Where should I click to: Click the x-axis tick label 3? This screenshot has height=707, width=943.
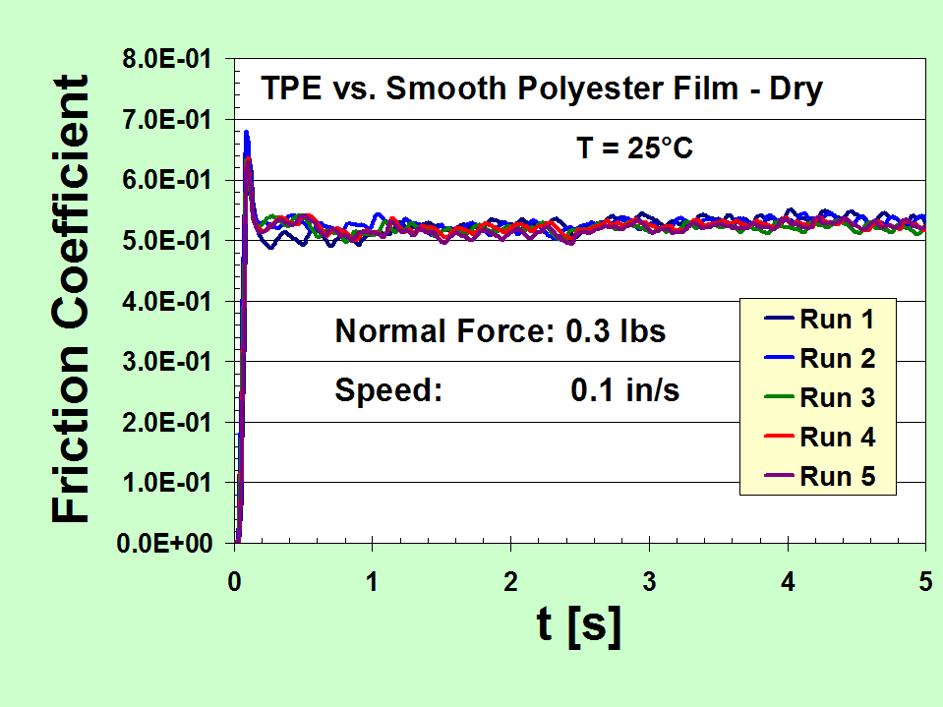coord(649,581)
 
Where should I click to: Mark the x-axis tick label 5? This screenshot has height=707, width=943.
coord(925,581)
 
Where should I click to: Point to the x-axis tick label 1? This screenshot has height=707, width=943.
coord(373,581)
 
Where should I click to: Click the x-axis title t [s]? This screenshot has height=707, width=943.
coord(580,626)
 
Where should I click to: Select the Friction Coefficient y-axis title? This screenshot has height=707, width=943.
coord(70,299)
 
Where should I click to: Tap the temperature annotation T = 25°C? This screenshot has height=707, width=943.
coord(634,149)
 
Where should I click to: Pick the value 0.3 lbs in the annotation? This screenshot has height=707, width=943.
coord(616,331)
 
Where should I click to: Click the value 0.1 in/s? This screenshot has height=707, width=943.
coord(625,390)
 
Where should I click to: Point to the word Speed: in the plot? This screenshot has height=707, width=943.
coord(389,391)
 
